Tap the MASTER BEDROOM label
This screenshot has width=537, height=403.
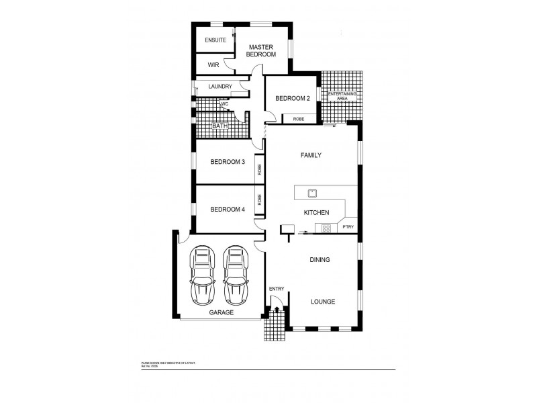[260, 50]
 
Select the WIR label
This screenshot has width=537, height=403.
[213, 65]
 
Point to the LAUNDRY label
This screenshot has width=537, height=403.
[219, 86]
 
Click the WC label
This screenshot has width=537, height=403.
[226, 104]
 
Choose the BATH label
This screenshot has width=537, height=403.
[219, 126]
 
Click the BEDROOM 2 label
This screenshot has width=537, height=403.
[293, 98]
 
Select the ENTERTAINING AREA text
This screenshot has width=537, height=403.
[346, 96]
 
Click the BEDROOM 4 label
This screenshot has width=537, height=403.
[227, 209]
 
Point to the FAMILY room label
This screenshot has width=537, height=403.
[310, 155]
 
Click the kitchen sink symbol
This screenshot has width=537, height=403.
[312, 193]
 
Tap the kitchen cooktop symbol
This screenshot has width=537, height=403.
[326, 228]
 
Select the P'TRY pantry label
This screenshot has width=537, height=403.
[348, 228]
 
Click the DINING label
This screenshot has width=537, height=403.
[319, 259]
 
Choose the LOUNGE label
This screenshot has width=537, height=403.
[323, 302]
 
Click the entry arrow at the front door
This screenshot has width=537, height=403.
[277, 310]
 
